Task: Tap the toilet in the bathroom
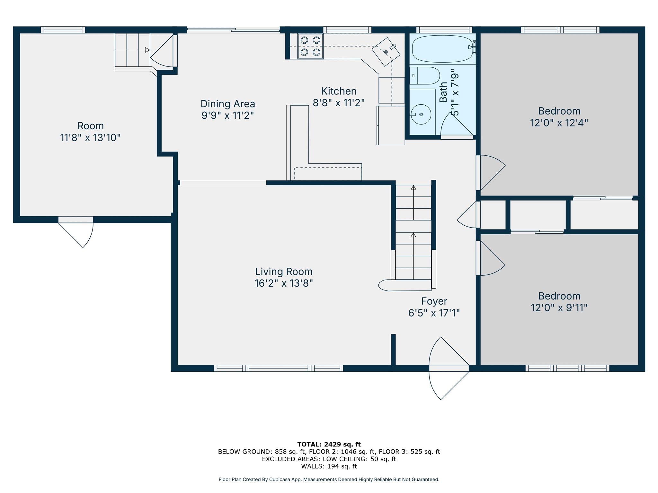(x=424, y=75)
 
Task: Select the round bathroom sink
(x=421, y=114)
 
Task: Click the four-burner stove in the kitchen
(x=310, y=46)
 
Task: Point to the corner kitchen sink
(x=386, y=52)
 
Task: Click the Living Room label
(x=284, y=272)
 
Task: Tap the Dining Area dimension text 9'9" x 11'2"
(x=227, y=115)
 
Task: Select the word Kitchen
(x=339, y=91)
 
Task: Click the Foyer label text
(x=434, y=301)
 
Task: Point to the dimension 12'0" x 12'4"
(x=559, y=123)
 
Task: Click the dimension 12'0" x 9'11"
(x=559, y=307)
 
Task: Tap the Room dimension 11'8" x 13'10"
(x=90, y=138)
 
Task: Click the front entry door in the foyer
(x=449, y=368)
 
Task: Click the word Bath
(x=443, y=92)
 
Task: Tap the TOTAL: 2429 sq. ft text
(x=329, y=445)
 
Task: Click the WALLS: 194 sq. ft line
(x=329, y=466)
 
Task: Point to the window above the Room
(x=63, y=30)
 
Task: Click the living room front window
(x=279, y=368)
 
